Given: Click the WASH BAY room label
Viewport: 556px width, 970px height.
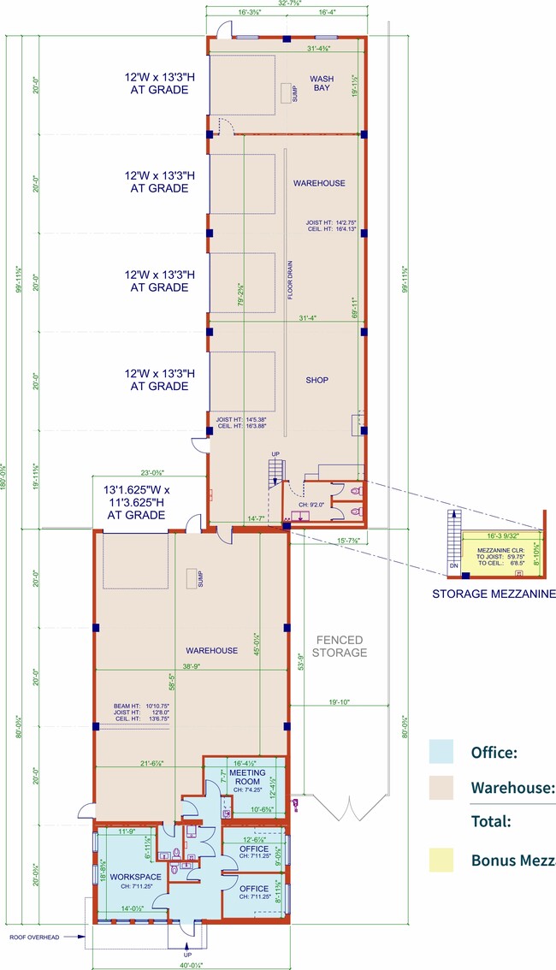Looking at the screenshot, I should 322,83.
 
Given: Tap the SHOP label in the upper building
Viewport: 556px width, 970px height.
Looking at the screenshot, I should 317,381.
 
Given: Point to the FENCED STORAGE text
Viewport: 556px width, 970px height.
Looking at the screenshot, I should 340,646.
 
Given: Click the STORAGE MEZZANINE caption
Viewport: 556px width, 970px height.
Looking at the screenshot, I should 494,594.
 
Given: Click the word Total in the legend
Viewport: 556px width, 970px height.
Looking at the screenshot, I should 490,821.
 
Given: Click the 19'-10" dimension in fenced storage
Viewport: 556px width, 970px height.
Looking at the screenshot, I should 339,702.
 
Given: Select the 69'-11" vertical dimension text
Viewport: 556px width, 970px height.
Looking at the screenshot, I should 352,306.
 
